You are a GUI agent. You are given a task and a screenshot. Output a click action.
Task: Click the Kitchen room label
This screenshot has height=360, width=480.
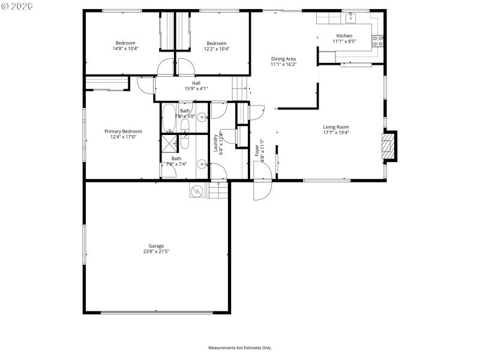tap(344, 36)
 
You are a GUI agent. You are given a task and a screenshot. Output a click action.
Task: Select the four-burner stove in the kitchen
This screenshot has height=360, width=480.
tap(379, 41)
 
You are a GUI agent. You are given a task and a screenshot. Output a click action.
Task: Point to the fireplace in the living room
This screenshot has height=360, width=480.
tap(390, 146)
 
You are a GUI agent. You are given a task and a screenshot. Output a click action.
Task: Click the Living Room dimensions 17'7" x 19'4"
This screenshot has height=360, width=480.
tap(336, 133)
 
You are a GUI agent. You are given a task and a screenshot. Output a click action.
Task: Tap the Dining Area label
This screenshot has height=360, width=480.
tap(283, 58)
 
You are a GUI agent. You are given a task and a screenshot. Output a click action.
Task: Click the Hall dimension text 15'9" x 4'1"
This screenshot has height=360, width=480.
tap(196, 89)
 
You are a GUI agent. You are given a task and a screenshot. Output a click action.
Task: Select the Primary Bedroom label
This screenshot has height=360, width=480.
tap(123, 131)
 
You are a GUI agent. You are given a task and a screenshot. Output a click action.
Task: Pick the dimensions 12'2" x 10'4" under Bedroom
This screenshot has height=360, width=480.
tap(217, 49)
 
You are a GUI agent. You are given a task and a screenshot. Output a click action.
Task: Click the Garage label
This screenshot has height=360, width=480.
tap(156, 245)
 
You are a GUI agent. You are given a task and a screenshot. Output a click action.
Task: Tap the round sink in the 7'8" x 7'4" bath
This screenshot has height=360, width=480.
tap(202, 161)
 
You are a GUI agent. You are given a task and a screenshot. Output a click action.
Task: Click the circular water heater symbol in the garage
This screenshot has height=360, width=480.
tap(196, 191)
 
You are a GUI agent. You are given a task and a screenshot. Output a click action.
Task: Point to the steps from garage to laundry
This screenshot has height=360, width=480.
tap(218, 191)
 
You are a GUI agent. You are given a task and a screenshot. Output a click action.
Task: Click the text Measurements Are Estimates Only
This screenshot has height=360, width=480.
tap(240, 347)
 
